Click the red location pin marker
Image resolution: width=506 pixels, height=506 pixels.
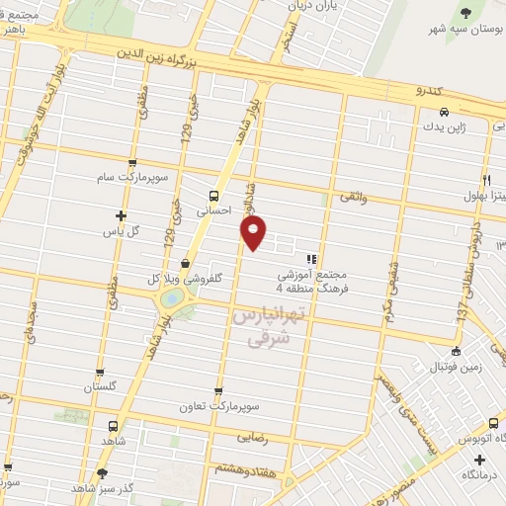(x=254, y=233)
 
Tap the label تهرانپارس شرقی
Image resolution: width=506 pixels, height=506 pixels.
(x=268, y=325)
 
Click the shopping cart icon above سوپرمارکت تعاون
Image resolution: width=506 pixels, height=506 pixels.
(x=218, y=390)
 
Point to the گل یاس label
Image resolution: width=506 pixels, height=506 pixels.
(x=121, y=231)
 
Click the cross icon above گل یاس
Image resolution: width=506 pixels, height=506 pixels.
(x=121, y=215)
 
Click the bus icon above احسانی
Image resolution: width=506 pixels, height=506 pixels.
(x=214, y=195)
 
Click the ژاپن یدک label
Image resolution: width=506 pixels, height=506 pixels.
(x=445, y=126)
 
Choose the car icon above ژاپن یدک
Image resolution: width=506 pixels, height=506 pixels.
(x=445, y=112)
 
